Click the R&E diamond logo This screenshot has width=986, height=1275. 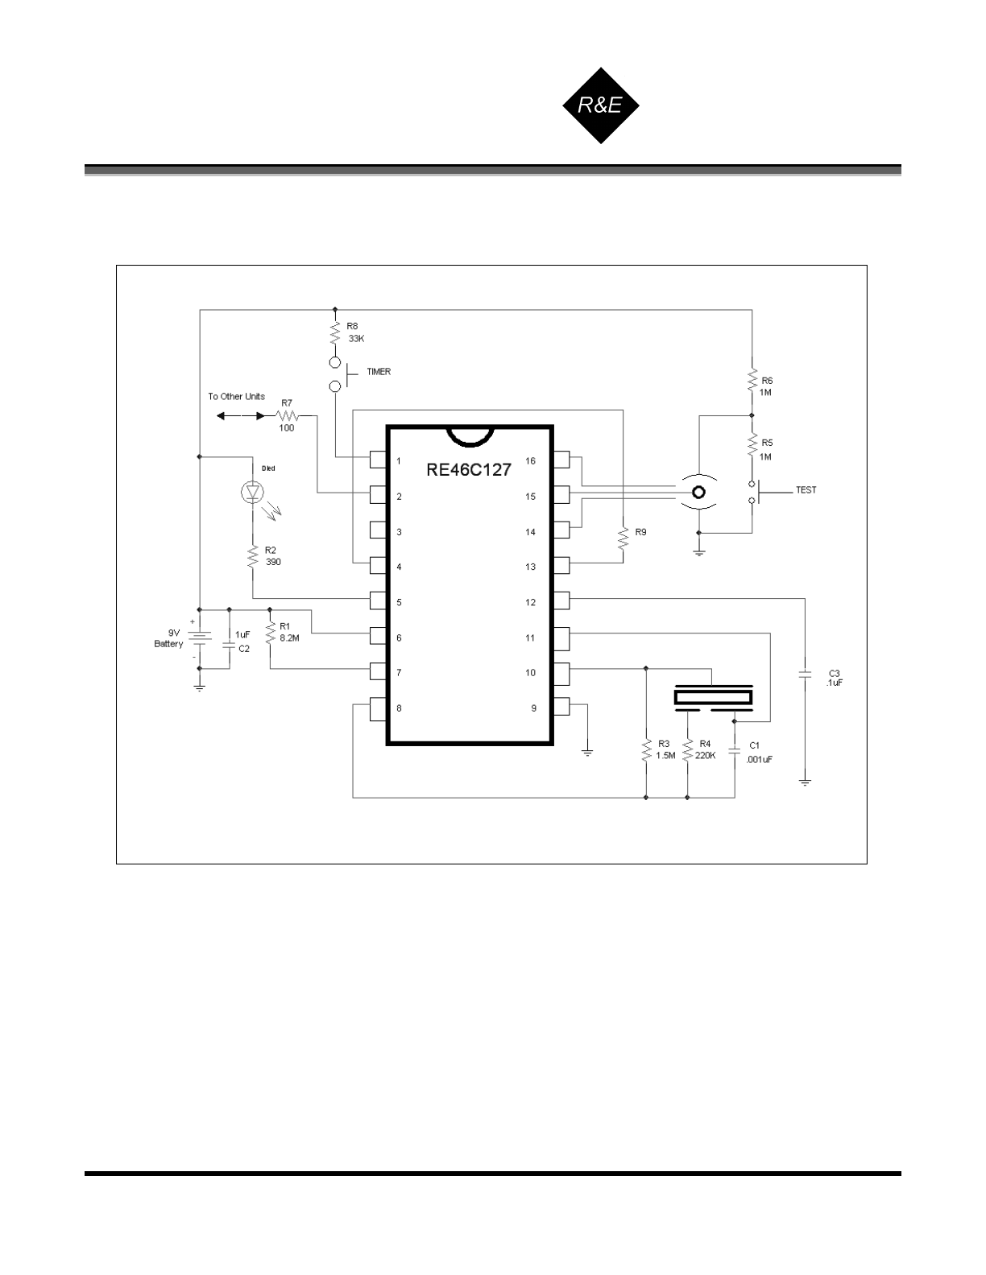pyautogui.click(x=599, y=105)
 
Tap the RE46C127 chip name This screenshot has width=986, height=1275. pyautogui.click(x=468, y=470)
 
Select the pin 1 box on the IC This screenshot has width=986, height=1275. pyautogui.click(x=379, y=460)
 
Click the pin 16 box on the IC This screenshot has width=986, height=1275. pyautogui.click(x=561, y=460)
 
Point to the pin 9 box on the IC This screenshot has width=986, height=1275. pyautogui.click(x=561, y=708)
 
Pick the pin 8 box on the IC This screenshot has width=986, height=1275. pyautogui.click(x=379, y=708)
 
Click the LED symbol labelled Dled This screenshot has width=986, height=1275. pyautogui.click(x=253, y=491)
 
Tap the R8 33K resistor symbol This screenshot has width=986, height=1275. pyautogui.click(x=334, y=332)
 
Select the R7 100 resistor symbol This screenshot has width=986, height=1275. pyautogui.click(x=287, y=416)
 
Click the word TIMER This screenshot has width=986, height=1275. pyautogui.click(x=379, y=372)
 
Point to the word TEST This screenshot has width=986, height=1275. pyautogui.click(x=806, y=489)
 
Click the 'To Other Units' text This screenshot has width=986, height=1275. pyautogui.click(x=236, y=397)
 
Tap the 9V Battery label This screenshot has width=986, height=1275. pyautogui.click(x=168, y=638)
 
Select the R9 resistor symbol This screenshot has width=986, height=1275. pyautogui.click(x=623, y=538)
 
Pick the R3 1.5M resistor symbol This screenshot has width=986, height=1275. pyautogui.click(x=646, y=750)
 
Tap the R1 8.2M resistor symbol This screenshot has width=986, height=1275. pyautogui.click(x=270, y=632)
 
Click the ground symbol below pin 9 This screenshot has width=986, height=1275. pyautogui.click(x=588, y=752)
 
